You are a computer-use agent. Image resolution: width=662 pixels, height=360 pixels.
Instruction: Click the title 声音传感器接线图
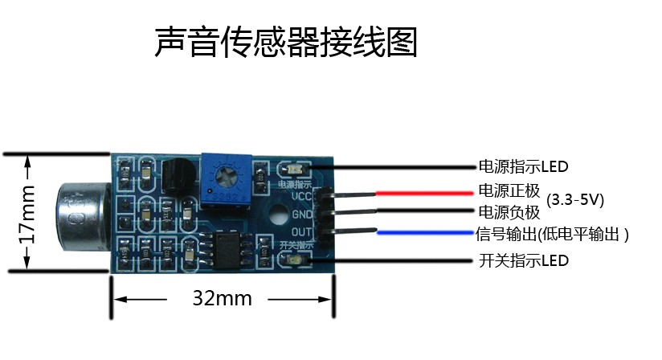coord(286,43)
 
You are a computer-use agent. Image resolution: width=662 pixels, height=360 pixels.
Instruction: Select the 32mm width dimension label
coord(222,299)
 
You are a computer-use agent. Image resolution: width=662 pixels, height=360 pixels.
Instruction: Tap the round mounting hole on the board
coord(278,215)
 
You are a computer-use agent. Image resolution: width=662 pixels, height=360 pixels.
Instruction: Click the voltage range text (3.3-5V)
coord(575,198)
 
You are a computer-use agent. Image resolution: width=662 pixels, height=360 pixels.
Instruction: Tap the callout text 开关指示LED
coord(523,261)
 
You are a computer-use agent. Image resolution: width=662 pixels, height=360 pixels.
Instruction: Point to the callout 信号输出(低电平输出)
coord(552,234)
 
